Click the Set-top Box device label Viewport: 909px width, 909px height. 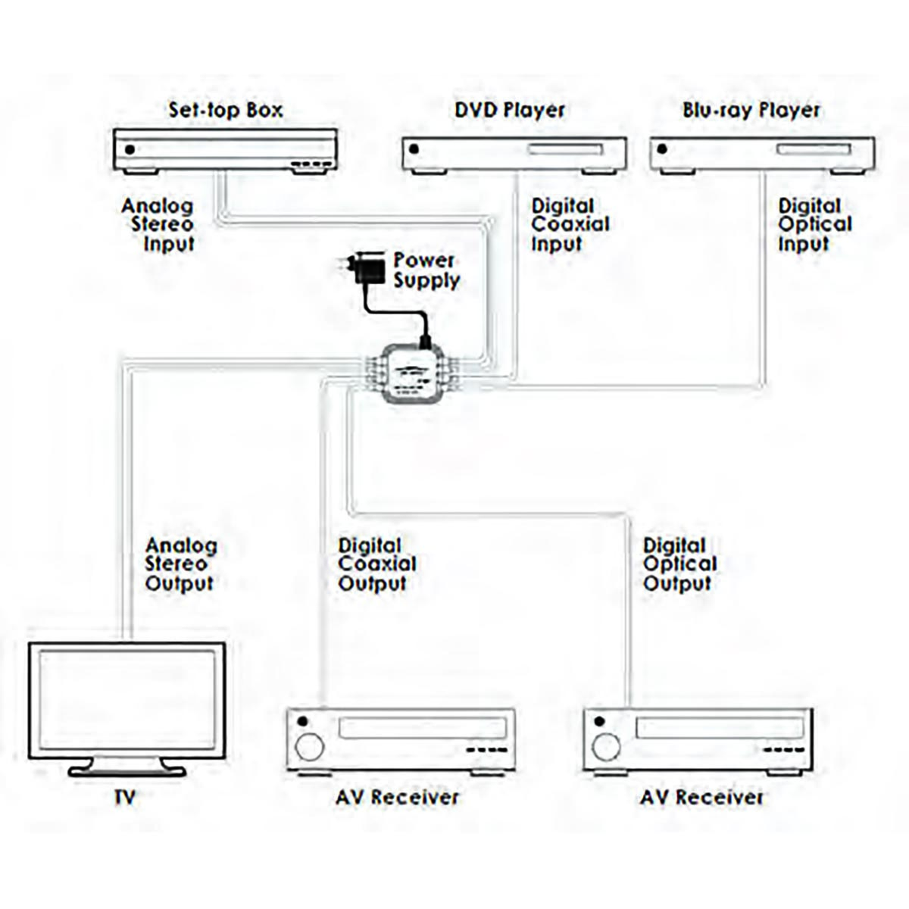pos(225,110)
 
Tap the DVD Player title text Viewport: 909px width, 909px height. pos(510,110)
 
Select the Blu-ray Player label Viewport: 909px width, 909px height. pos(751,110)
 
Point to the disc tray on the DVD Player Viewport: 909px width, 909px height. pos(565,149)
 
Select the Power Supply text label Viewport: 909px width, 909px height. pos(426,270)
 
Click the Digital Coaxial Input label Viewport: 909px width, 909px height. pos(570,224)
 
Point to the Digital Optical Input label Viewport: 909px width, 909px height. pos(814,224)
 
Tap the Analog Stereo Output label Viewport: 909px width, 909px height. pos(180,564)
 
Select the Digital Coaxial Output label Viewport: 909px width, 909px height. pos(376,564)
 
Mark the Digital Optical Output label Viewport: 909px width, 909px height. pos(679,564)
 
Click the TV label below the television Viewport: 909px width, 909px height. pos(124,797)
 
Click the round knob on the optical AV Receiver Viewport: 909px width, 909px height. pos(606,747)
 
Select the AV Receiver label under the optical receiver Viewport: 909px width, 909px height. pos(701,797)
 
